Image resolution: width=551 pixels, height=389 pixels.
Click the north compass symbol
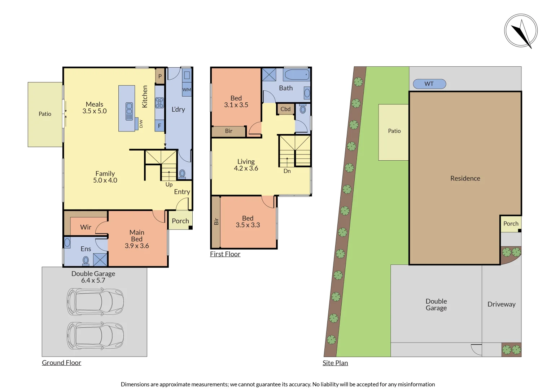tap(521, 31)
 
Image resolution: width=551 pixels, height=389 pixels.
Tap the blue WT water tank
tap(429, 84)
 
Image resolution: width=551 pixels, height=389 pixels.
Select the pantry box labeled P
tap(160, 76)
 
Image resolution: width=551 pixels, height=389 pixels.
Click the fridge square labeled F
tap(159, 126)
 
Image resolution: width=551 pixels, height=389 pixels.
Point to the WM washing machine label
tap(187, 90)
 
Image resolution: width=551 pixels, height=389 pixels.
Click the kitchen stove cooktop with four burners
tap(159, 103)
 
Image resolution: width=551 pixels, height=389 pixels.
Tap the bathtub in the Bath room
tap(297, 75)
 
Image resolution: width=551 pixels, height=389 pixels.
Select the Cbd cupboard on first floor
tap(285, 109)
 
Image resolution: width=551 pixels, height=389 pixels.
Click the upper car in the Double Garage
tap(95, 301)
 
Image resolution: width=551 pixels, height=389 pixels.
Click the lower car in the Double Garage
tap(95, 336)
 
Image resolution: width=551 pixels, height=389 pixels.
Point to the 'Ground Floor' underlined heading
tap(61, 363)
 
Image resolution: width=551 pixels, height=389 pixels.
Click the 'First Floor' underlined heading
tap(225, 254)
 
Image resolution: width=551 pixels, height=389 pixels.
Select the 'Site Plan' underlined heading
tap(335, 363)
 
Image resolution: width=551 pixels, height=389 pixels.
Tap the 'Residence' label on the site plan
tap(465, 178)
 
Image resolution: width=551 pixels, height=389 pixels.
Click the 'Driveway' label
tap(501, 304)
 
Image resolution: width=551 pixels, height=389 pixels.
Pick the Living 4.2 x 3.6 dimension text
tap(246, 168)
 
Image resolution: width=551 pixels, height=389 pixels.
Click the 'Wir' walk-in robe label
tap(86, 227)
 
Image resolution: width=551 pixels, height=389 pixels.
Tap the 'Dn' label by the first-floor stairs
tap(287, 171)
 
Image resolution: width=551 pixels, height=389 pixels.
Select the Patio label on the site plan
tap(394, 131)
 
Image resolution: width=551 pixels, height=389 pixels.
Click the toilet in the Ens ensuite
tap(86, 260)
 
